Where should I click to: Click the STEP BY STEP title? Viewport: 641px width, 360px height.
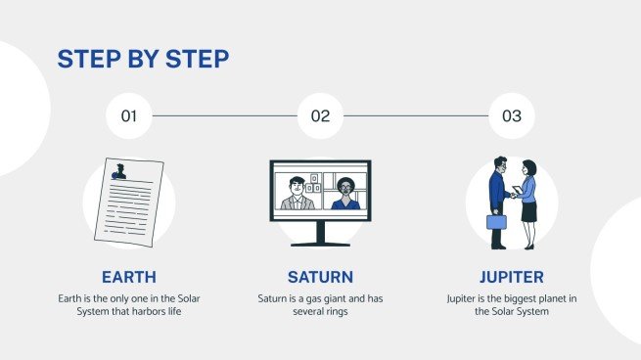(143, 59)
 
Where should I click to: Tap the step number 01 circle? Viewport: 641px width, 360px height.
(128, 116)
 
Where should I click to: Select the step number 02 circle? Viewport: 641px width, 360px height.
(320, 116)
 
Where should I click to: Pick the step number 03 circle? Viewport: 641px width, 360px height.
(512, 116)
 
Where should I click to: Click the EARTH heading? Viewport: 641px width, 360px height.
(128, 276)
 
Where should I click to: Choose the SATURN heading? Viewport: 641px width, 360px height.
(320, 276)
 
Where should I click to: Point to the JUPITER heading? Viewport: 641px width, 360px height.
(512, 276)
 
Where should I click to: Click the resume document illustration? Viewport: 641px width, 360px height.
(124, 202)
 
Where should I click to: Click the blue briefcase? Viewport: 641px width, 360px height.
(497, 221)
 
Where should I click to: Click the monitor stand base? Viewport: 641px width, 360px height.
(320, 244)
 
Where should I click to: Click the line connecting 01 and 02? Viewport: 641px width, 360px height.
(224, 116)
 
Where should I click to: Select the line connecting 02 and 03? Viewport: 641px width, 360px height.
(416, 116)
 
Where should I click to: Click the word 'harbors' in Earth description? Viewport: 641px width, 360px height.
(160, 311)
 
